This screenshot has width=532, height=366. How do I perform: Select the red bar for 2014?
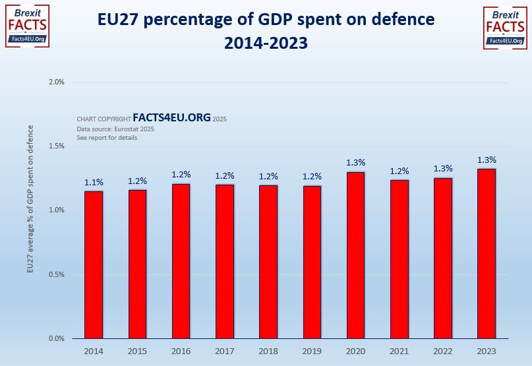94,264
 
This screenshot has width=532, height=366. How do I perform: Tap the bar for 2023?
487,254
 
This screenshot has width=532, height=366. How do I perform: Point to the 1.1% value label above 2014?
94,182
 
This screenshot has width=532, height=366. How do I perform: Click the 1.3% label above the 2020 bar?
355,163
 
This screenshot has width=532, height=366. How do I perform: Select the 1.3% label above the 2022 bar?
443,169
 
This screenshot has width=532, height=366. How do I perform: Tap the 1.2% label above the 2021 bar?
399,171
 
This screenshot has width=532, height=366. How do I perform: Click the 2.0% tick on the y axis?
57,82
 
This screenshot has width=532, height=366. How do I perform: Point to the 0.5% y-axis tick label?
57,275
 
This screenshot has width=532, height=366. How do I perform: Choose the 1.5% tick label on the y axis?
57,146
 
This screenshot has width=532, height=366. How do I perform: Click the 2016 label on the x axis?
181,351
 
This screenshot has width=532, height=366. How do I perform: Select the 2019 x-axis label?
312,351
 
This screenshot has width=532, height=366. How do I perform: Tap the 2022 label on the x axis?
443,351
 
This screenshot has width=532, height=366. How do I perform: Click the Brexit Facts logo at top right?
506,26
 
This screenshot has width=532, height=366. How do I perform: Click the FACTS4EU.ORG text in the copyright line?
171,118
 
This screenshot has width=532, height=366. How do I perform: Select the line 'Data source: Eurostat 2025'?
115,129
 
